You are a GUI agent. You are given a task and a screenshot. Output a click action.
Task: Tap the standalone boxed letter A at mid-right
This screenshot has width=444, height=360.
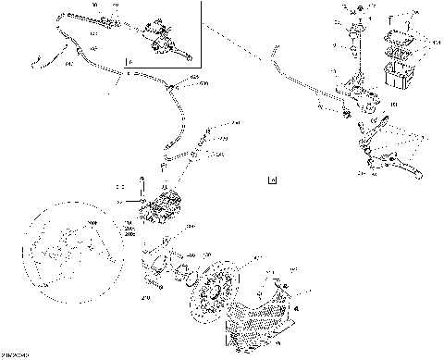pos(270,180)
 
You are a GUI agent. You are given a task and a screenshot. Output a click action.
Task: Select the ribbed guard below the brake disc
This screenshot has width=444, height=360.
pos(264,320)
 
